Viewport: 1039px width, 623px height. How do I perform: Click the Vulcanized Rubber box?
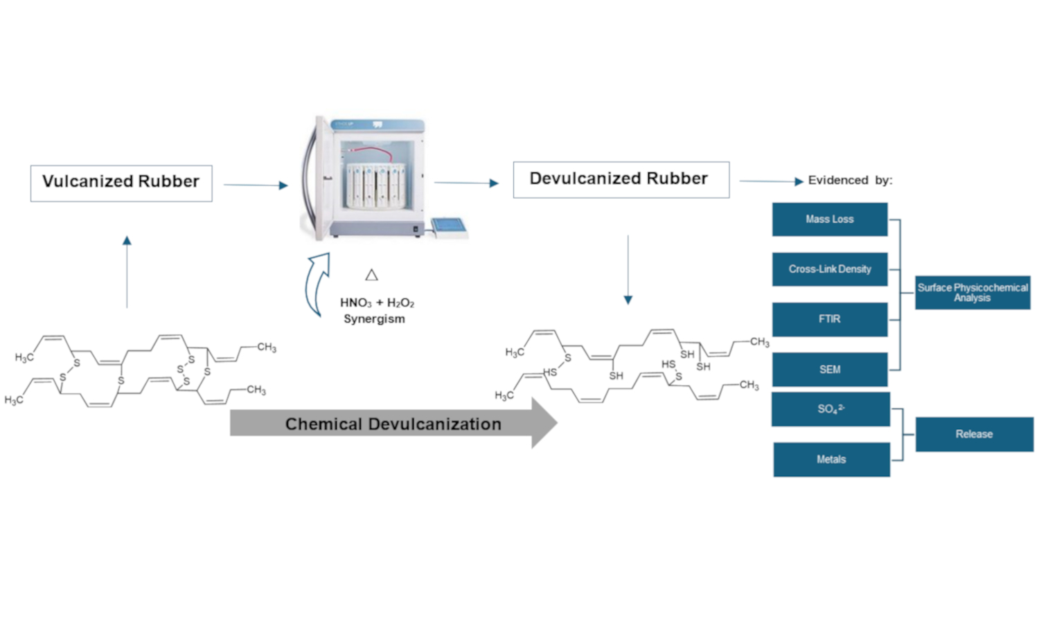[x=121, y=183]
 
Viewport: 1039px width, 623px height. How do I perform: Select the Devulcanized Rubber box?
[x=621, y=179]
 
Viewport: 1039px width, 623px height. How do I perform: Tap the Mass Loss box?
[x=830, y=219]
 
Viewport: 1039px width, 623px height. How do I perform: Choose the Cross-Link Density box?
[x=830, y=269]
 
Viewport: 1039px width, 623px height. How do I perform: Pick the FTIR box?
[x=830, y=319]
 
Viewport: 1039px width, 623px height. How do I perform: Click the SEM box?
[x=830, y=369]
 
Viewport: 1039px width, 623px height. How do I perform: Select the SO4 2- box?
[x=831, y=409]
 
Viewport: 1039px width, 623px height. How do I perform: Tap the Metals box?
[x=831, y=460]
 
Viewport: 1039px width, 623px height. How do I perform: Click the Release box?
[x=974, y=434]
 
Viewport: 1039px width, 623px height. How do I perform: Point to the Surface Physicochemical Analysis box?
[x=973, y=292]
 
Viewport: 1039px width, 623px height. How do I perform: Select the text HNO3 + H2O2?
[x=377, y=303]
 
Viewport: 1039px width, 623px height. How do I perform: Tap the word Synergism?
[x=374, y=319]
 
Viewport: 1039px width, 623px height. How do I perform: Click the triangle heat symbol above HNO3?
[x=372, y=275]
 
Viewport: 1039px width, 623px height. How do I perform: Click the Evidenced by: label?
[x=850, y=180]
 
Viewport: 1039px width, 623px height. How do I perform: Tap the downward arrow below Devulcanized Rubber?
[x=628, y=270]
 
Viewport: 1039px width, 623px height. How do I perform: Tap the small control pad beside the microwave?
[x=448, y=226]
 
